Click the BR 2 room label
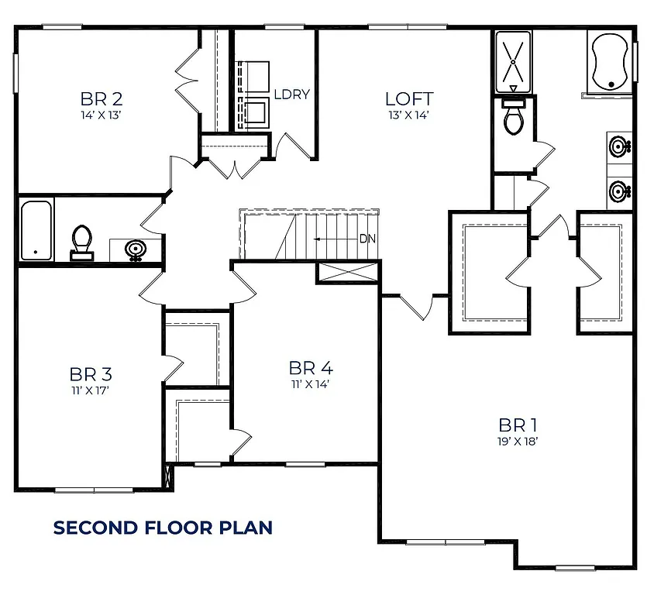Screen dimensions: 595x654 (x=102, y=99)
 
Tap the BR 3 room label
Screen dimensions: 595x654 (x=90, y=375)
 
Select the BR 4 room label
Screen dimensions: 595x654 (x=310, y=367)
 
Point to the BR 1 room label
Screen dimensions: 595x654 (x=518, y=425)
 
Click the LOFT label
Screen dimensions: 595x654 (x=408, y=99)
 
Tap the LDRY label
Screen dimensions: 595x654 (x=291, y=95)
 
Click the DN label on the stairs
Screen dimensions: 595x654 (x=367, y=239)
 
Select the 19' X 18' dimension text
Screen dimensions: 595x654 (x=518, y=441)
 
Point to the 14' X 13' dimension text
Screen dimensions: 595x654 (x=102, y=115)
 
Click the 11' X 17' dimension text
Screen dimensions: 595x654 (x=90, y=390)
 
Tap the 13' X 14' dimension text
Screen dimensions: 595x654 (x=408, y=115)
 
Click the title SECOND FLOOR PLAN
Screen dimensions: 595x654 (x=163, y=528)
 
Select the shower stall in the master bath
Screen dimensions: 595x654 (x=512, y=60)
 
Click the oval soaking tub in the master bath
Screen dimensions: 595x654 (x=611, y=62)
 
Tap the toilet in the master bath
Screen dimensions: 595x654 (x=513, y=116)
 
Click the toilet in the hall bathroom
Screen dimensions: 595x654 (x=81, y=242)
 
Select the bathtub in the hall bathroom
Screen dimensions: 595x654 (x=36, y=230)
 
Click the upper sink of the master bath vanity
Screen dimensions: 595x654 (x=619, y=146)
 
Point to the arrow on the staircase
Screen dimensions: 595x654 (x=333, y=239)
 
